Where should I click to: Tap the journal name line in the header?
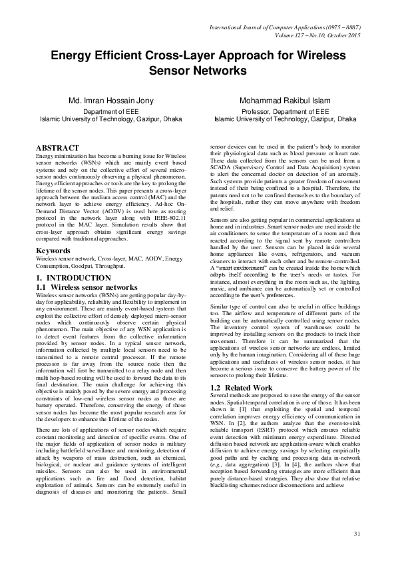tap(285, 26)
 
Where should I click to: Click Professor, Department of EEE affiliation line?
tap(276, 112)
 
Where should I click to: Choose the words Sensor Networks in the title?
tap(198, 71)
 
